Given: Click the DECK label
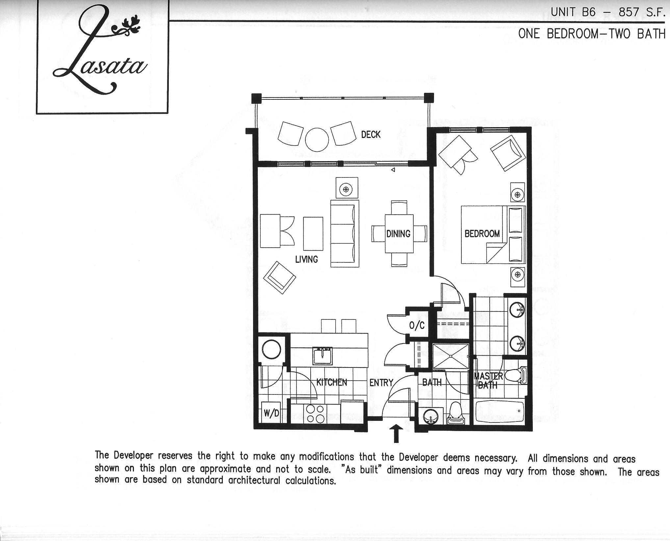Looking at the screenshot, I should tap(371, 135).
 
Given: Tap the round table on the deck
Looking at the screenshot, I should tap(317, 140).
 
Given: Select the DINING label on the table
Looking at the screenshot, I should tap(398, 234).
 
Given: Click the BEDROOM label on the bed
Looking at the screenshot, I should tap(482, 234).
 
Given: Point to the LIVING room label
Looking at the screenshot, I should tap(306, 259).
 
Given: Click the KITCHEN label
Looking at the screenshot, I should tap(331, 382).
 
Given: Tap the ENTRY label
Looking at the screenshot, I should tap(381, 383).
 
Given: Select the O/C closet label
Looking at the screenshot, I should tap(417, 326).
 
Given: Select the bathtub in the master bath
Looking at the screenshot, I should tap(500, 411).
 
